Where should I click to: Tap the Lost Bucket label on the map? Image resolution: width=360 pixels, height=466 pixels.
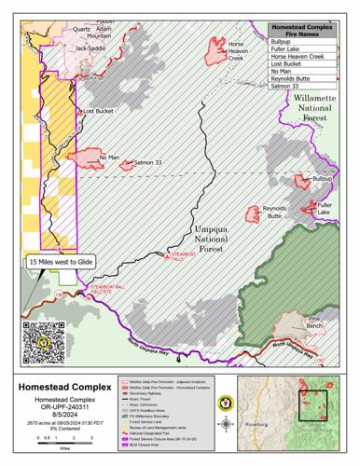[x=98, y=111]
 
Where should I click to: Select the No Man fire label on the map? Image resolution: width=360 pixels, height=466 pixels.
[x=109, y=158]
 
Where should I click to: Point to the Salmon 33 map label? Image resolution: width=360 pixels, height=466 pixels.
[x=149, y=162]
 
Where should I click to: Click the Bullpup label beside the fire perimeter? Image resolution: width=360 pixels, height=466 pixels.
[x=322, y=177]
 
